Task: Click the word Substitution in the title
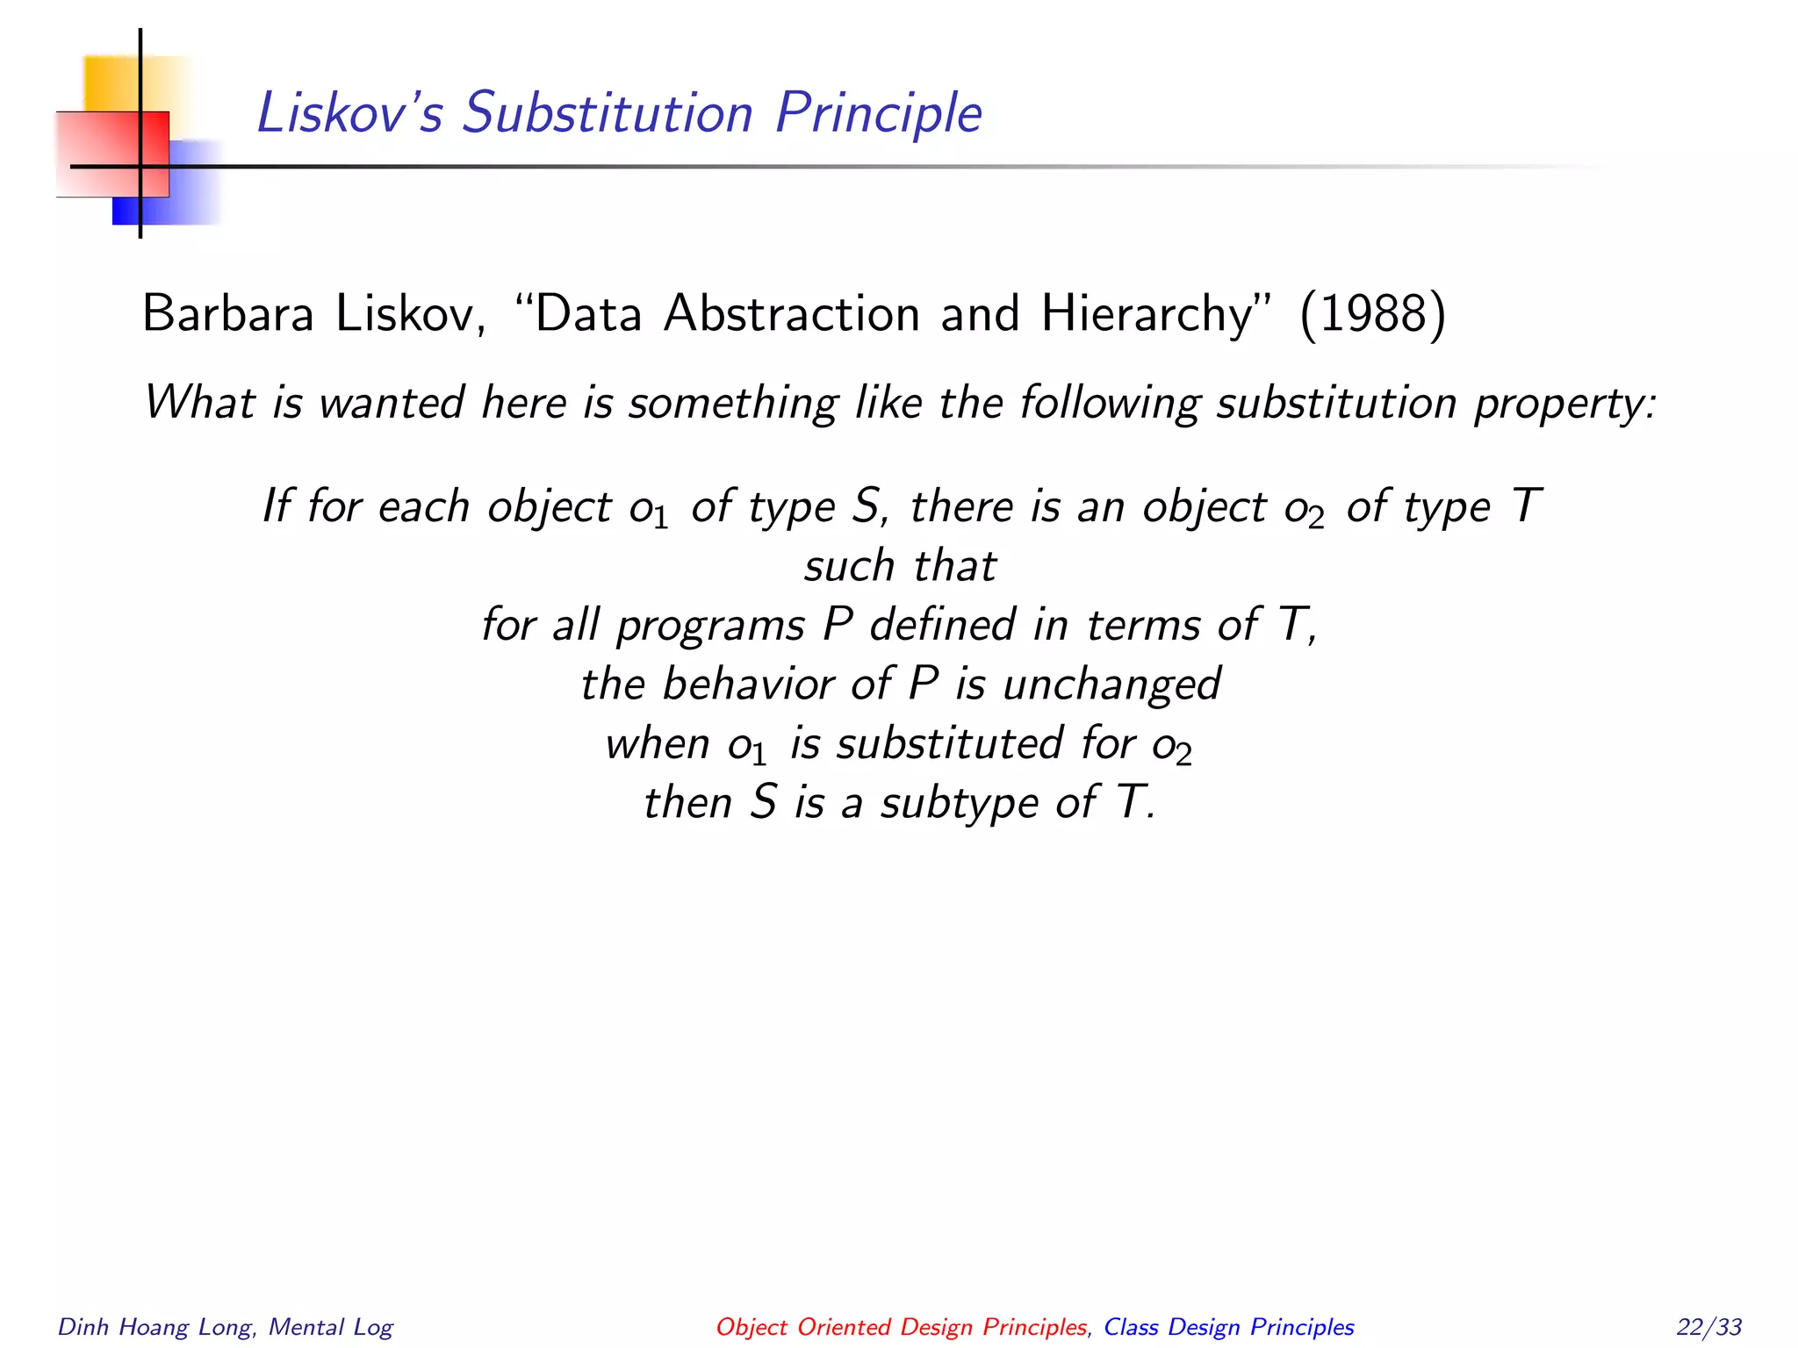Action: [x=608, y=113]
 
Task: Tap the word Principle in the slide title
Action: [x=878, y=113]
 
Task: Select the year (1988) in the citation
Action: [x=1372, y=313]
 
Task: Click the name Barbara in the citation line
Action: [x=227, y=313]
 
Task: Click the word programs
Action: [x=709, y=626]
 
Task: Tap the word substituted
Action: [x=950, y=743]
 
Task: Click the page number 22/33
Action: [x=1708, y=1326]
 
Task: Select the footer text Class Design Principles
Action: [x=1228, y=1326]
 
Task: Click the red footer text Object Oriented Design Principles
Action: [x=901, y=1326]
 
